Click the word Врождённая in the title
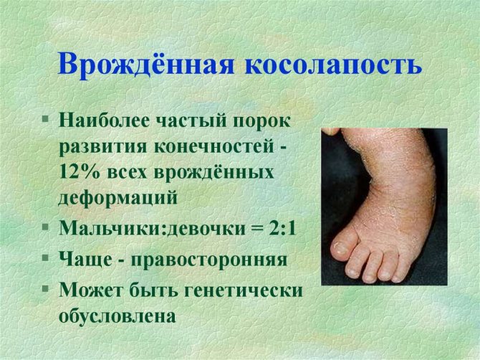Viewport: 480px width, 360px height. point(145,65)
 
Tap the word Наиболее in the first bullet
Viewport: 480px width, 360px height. point(104,121)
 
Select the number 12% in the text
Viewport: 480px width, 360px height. point(80,172)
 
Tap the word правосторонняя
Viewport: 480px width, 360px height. point(209,260)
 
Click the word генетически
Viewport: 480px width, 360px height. point(244,290)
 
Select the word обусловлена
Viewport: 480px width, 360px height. point(117,316)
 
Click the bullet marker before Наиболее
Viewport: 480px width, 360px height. point(46,118)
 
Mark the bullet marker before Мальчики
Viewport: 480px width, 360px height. point(46,227)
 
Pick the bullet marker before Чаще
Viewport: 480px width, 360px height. point(46,257)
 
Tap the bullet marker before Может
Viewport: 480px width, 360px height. point(46,288)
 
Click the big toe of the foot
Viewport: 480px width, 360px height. point(344,245)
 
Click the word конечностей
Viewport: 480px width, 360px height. point(213,147)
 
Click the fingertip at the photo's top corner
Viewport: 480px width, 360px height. point(330,132)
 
